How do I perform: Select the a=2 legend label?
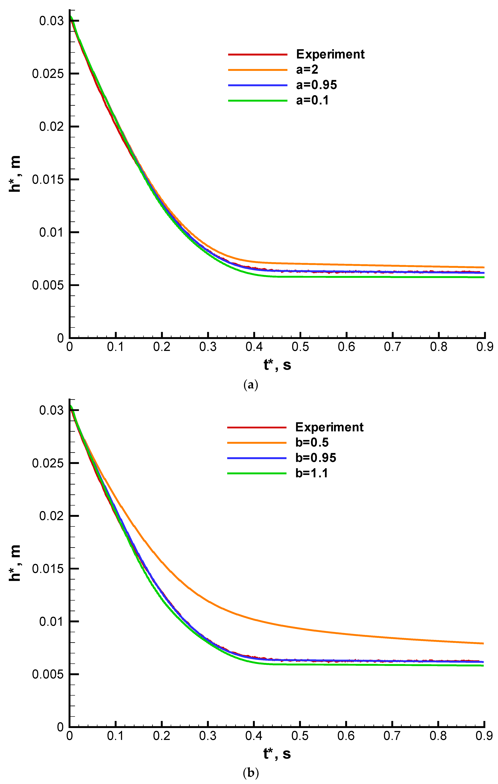coord(307,69)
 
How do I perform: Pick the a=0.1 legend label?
coord(312,100)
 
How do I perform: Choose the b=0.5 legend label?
coord(312,442)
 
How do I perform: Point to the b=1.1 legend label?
coord(311,473)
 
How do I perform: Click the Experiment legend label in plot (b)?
coord(329,427)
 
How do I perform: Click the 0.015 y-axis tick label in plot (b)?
coord(48,569)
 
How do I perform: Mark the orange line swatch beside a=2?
coord(257,70)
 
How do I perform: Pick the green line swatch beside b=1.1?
coord(257,473)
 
